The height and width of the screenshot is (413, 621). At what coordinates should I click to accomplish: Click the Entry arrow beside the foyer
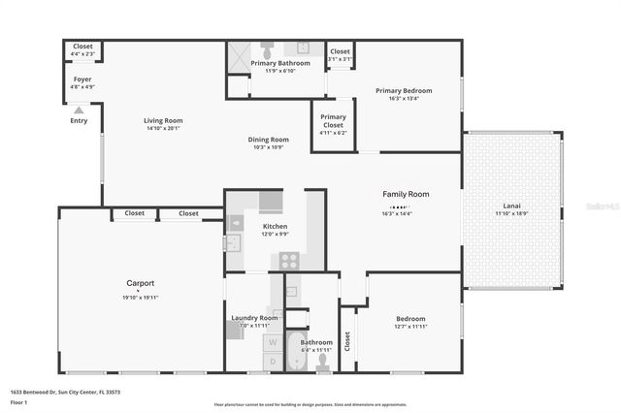78,109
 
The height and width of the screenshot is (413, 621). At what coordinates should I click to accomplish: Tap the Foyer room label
82,79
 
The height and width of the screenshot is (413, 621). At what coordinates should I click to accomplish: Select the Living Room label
164,121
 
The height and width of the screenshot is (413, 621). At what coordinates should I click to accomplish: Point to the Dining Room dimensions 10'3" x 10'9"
268,147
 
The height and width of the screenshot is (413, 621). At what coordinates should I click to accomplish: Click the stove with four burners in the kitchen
289,260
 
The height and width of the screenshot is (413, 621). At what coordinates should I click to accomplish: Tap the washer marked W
273,341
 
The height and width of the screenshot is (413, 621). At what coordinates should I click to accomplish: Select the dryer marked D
273,361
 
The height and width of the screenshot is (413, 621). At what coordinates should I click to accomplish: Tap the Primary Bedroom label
404,90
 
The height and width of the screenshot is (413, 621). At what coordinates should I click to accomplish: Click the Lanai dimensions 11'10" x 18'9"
511,212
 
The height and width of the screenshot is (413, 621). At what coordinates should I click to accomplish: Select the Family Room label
405,194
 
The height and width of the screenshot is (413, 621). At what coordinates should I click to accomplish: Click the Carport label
141,283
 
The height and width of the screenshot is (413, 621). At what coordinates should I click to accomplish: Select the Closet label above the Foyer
82,46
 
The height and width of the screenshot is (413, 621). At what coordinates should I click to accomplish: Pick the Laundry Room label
254,318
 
